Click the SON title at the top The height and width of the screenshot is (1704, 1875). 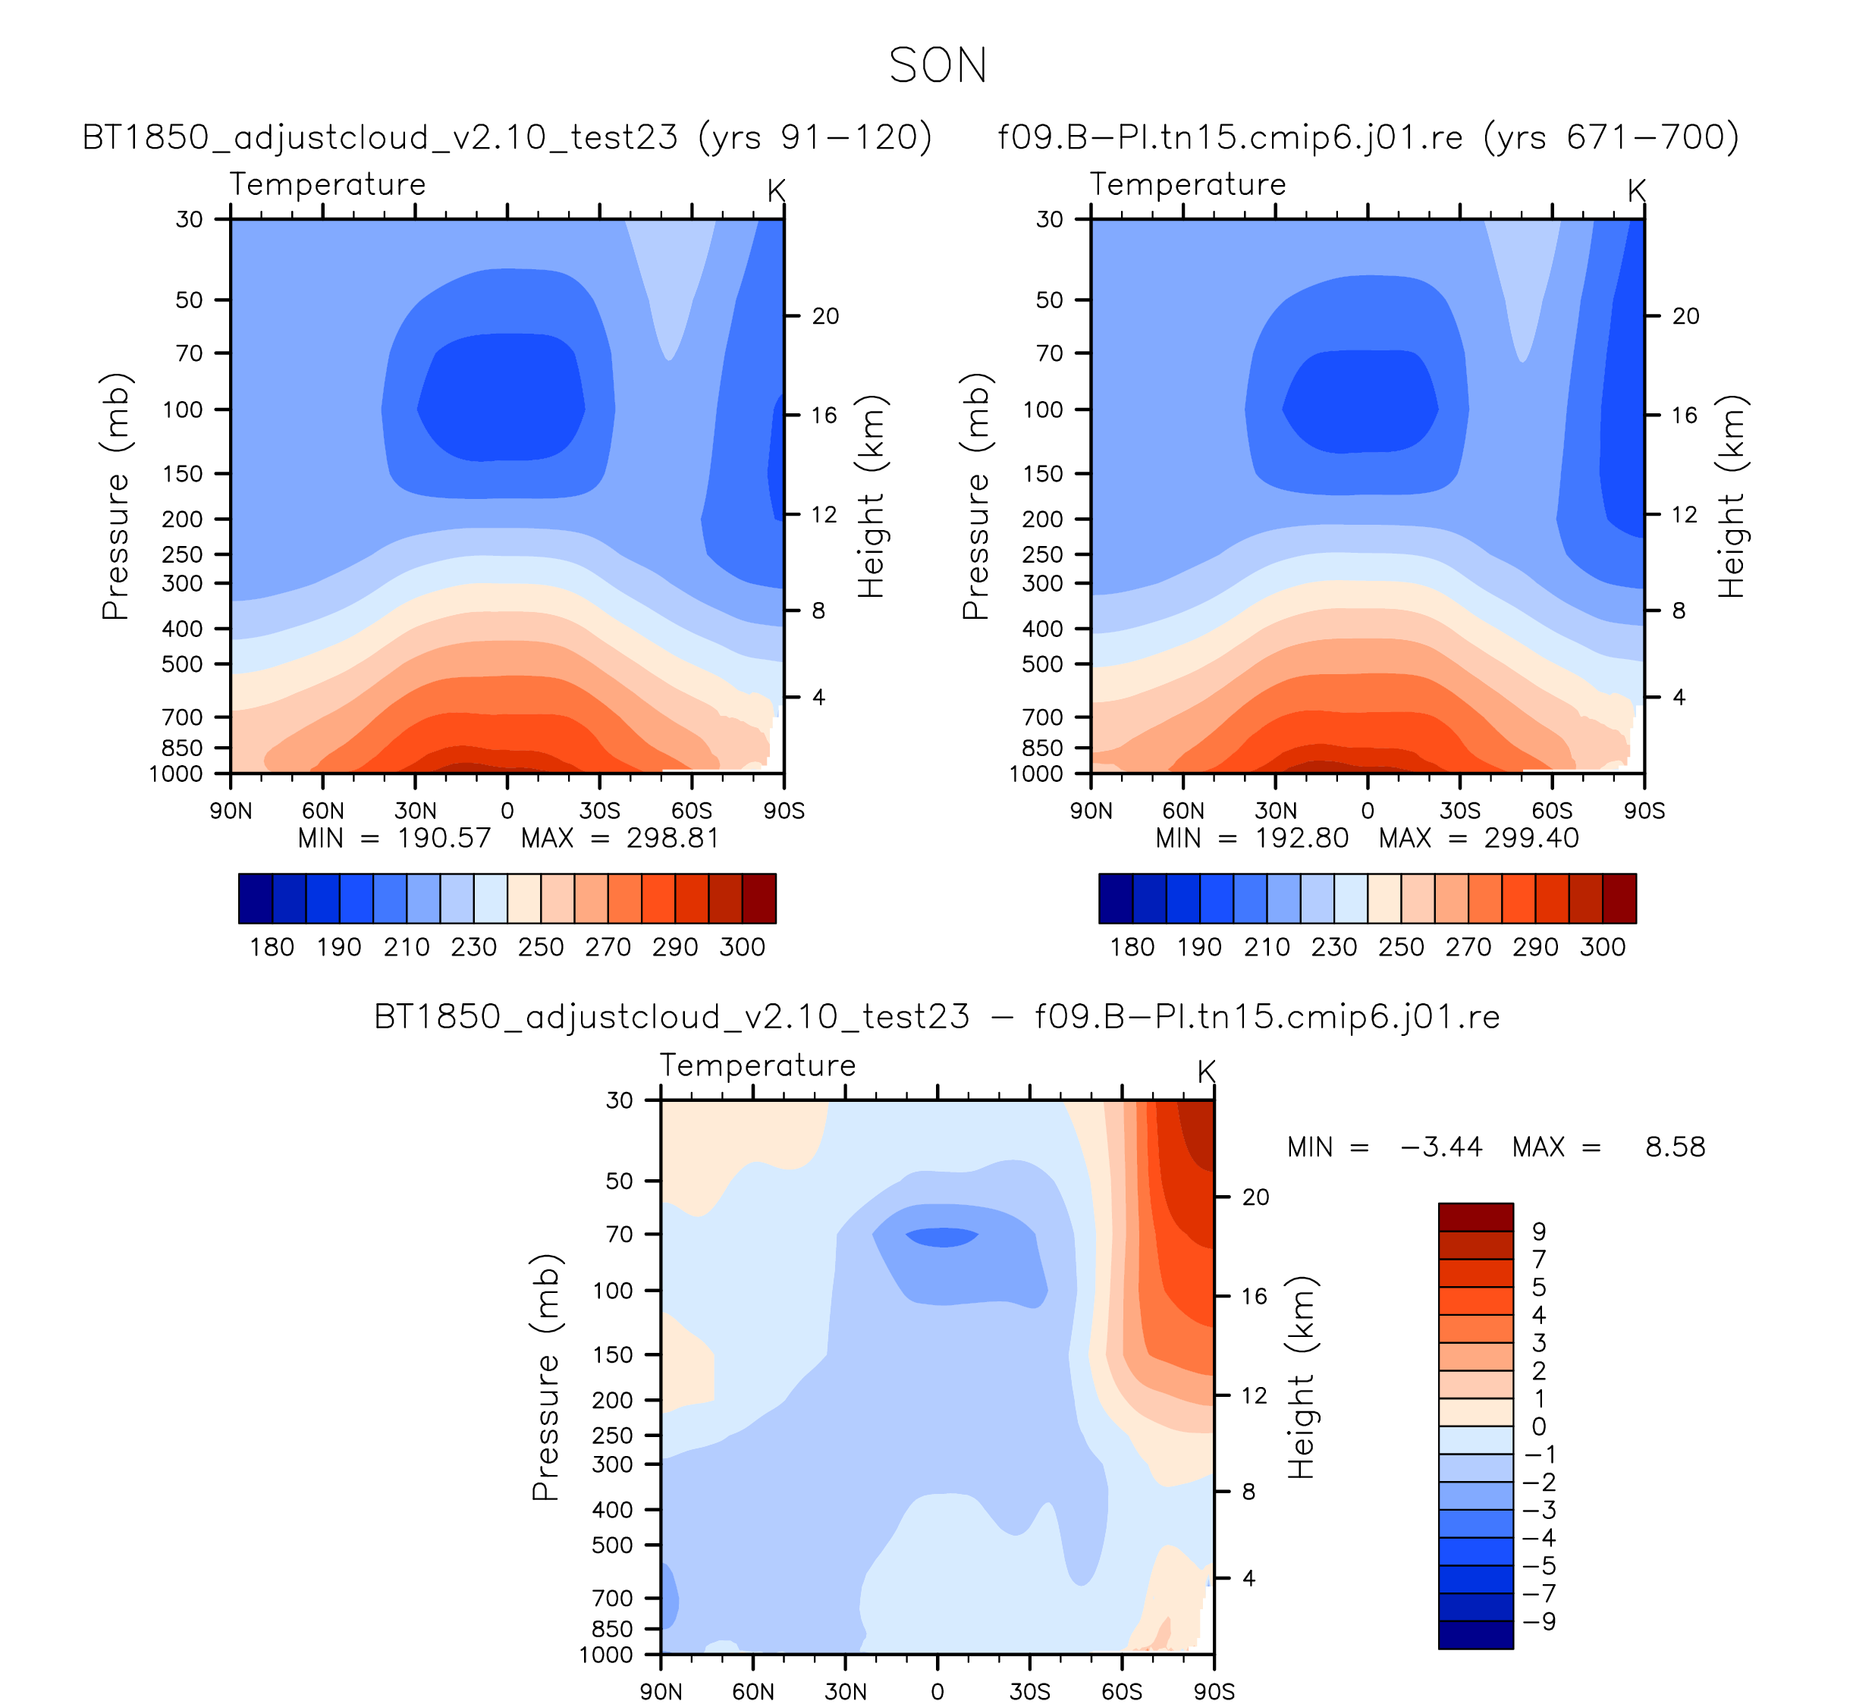click(938, 66)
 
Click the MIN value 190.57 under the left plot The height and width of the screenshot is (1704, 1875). click(444, 839)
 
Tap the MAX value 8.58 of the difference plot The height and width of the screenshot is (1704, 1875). click(1675, 1147)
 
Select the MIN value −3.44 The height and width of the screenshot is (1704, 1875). click(1440, 1147)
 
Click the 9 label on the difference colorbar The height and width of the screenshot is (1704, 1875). click(1539, 1232)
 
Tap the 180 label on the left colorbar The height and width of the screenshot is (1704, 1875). click(272, 947)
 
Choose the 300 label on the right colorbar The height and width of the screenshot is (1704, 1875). click(1603, 947)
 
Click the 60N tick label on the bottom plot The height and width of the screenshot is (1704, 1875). click(752, 1691)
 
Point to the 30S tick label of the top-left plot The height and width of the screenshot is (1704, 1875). click(599, 811)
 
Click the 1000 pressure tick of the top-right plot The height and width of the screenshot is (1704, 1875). click(1036, 774)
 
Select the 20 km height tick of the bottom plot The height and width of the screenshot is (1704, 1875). click(1255, 1197)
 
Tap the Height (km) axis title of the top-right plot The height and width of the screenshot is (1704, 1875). click(1731, 497)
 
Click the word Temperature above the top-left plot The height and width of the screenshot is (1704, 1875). click(328, 184)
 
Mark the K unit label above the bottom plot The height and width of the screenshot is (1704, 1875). click(1206, 1072)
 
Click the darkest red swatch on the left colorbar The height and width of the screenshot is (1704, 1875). click(759, 899)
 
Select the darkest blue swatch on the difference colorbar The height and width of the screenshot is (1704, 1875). click(1475, 1635)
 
